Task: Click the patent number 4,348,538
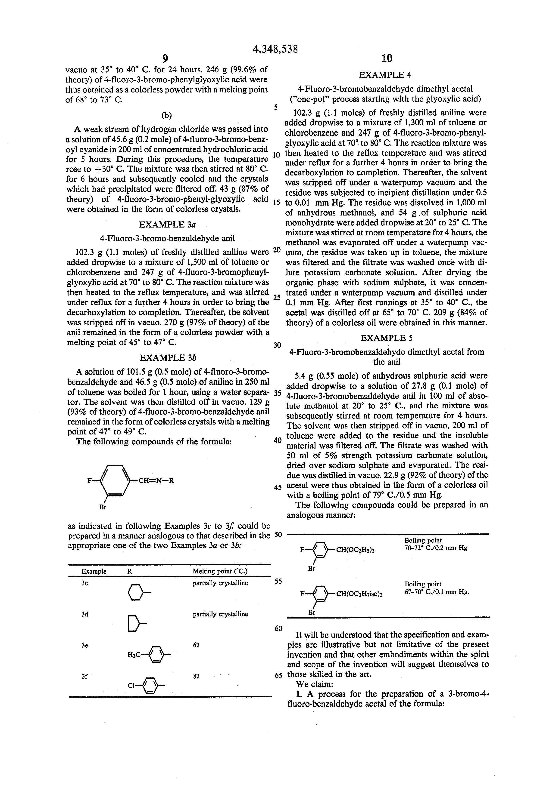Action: [275, 49]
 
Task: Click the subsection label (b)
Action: [166, 116]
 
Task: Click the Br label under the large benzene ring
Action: [103, 507]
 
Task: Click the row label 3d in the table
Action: [85, 614]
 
